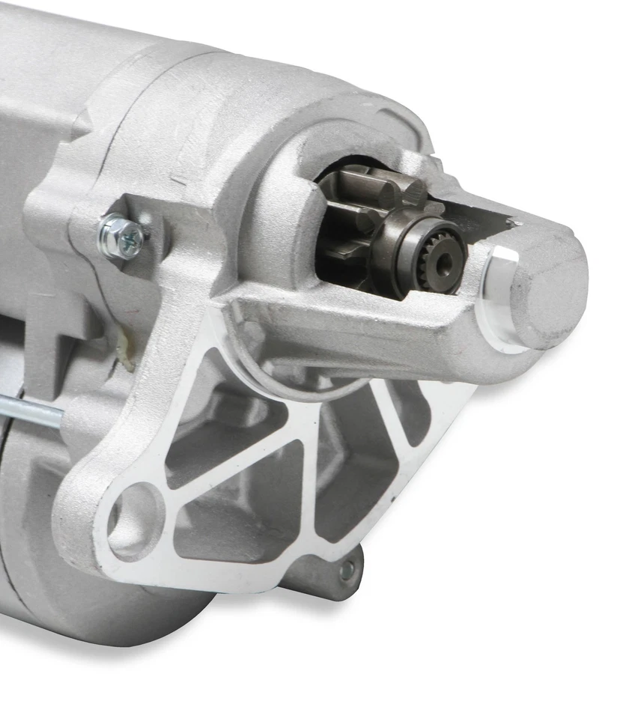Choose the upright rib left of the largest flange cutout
point(315,479)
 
